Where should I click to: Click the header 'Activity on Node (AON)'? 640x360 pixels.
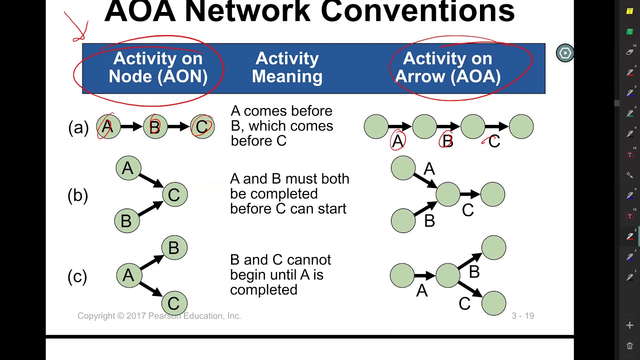157,68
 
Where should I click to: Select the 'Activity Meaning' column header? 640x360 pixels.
287,68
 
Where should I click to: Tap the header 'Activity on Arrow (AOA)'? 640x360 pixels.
447,68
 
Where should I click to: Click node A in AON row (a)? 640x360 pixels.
108,127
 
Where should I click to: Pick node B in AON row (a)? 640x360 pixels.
155,127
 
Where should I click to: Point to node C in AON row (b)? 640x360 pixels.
174,194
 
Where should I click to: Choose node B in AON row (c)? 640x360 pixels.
174,248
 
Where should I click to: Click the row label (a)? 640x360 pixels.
78,127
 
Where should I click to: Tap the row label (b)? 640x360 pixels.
77,195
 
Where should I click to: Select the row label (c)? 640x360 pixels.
77,276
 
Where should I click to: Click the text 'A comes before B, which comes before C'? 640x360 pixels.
281,126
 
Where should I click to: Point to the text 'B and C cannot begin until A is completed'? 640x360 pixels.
280,274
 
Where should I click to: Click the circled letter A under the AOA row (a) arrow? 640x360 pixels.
397,141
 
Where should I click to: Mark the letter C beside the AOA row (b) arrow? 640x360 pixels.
467,210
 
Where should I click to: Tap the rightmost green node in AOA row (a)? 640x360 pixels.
521,127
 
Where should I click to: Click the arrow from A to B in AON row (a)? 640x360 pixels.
131,127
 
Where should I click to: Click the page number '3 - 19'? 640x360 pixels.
522,316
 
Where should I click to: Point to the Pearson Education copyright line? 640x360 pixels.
159,316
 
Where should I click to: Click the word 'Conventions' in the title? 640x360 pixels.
417,11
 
